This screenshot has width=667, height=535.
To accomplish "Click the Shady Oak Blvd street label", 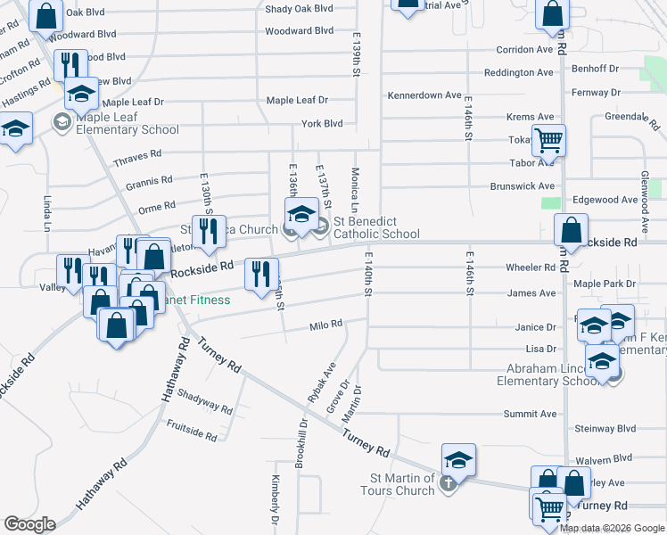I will coord(299,9).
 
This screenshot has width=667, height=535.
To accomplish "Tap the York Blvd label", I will coord(322,124).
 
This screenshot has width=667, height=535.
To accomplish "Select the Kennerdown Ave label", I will coord(424,95).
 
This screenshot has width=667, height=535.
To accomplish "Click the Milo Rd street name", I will coord(325,325).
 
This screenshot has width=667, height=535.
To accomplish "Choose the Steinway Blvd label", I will coord(606,429).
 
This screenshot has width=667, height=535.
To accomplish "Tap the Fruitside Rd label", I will coord(192,431).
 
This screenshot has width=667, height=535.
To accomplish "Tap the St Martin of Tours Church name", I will coord(398,484).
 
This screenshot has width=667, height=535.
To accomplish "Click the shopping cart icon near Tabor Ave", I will coord(548,139).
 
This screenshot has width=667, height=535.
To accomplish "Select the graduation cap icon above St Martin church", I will coord(458,460).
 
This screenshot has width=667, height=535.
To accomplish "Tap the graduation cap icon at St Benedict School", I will coord(301,213).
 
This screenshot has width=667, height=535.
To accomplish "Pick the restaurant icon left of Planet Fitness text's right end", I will coord(261,273).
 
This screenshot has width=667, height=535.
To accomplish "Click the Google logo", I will coord(29,524).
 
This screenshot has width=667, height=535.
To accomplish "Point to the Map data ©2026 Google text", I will coord(612,528).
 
